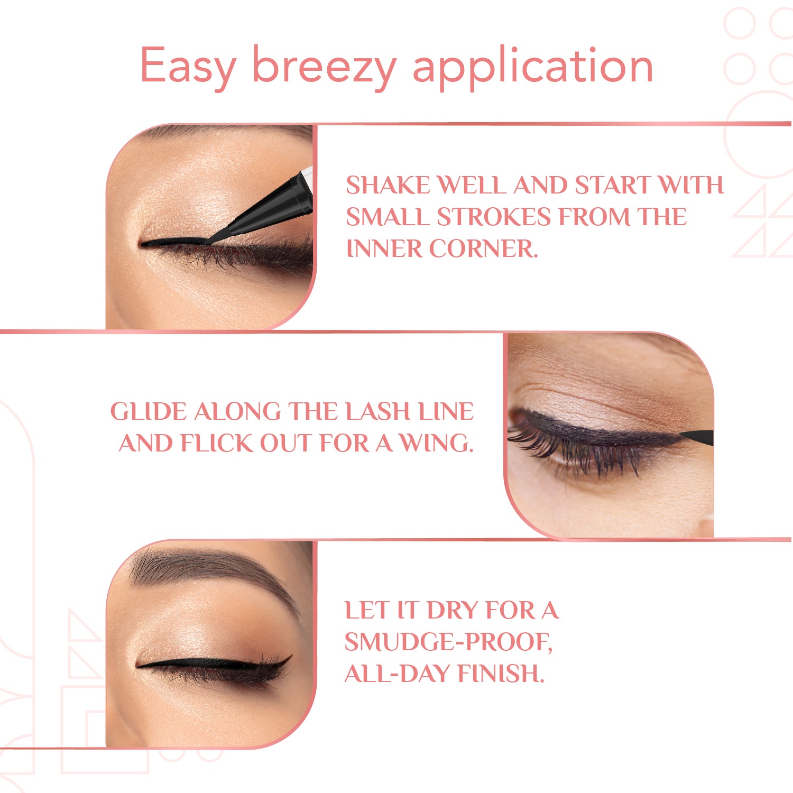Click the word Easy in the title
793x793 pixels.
point(188,66)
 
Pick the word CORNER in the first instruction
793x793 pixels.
point(483,248)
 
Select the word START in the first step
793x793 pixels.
point(612,185)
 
